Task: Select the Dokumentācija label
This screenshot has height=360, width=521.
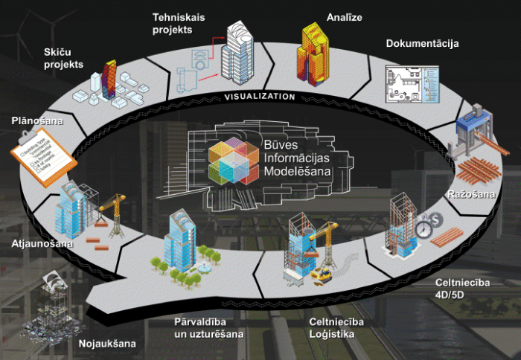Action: coord(422,43)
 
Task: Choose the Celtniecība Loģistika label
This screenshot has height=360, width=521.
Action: coord(336,328)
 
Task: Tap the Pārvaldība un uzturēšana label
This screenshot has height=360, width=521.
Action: coord(209,328)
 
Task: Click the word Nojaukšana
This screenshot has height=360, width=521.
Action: coord(107,344)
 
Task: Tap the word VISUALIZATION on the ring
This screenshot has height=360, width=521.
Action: coord(260,96)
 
